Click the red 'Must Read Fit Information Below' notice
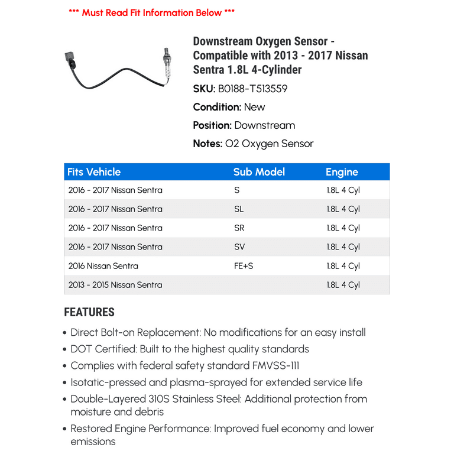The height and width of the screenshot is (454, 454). tap(151, 12)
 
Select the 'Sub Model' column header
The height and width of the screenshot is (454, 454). tap(259, 172)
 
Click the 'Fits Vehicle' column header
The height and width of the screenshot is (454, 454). tap(94, 172)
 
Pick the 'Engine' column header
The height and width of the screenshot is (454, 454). tap(342, 172)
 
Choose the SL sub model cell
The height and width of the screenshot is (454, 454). tap(239, 209)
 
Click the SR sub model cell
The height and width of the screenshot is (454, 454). tap(239, 228)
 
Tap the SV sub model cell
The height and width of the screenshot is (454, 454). tap(239, 247)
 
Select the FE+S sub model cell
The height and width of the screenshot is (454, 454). tap(244, 266)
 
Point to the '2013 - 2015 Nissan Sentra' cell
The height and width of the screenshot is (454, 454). tap(115, 285)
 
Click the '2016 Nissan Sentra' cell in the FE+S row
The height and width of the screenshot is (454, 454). tap(103, 266)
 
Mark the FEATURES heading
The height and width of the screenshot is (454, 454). tap(89, 312)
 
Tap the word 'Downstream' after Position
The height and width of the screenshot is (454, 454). tap(264, 125)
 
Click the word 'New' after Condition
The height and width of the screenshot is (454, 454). tap(254, 107)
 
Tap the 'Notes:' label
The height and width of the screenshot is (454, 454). tap(207, 144)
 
